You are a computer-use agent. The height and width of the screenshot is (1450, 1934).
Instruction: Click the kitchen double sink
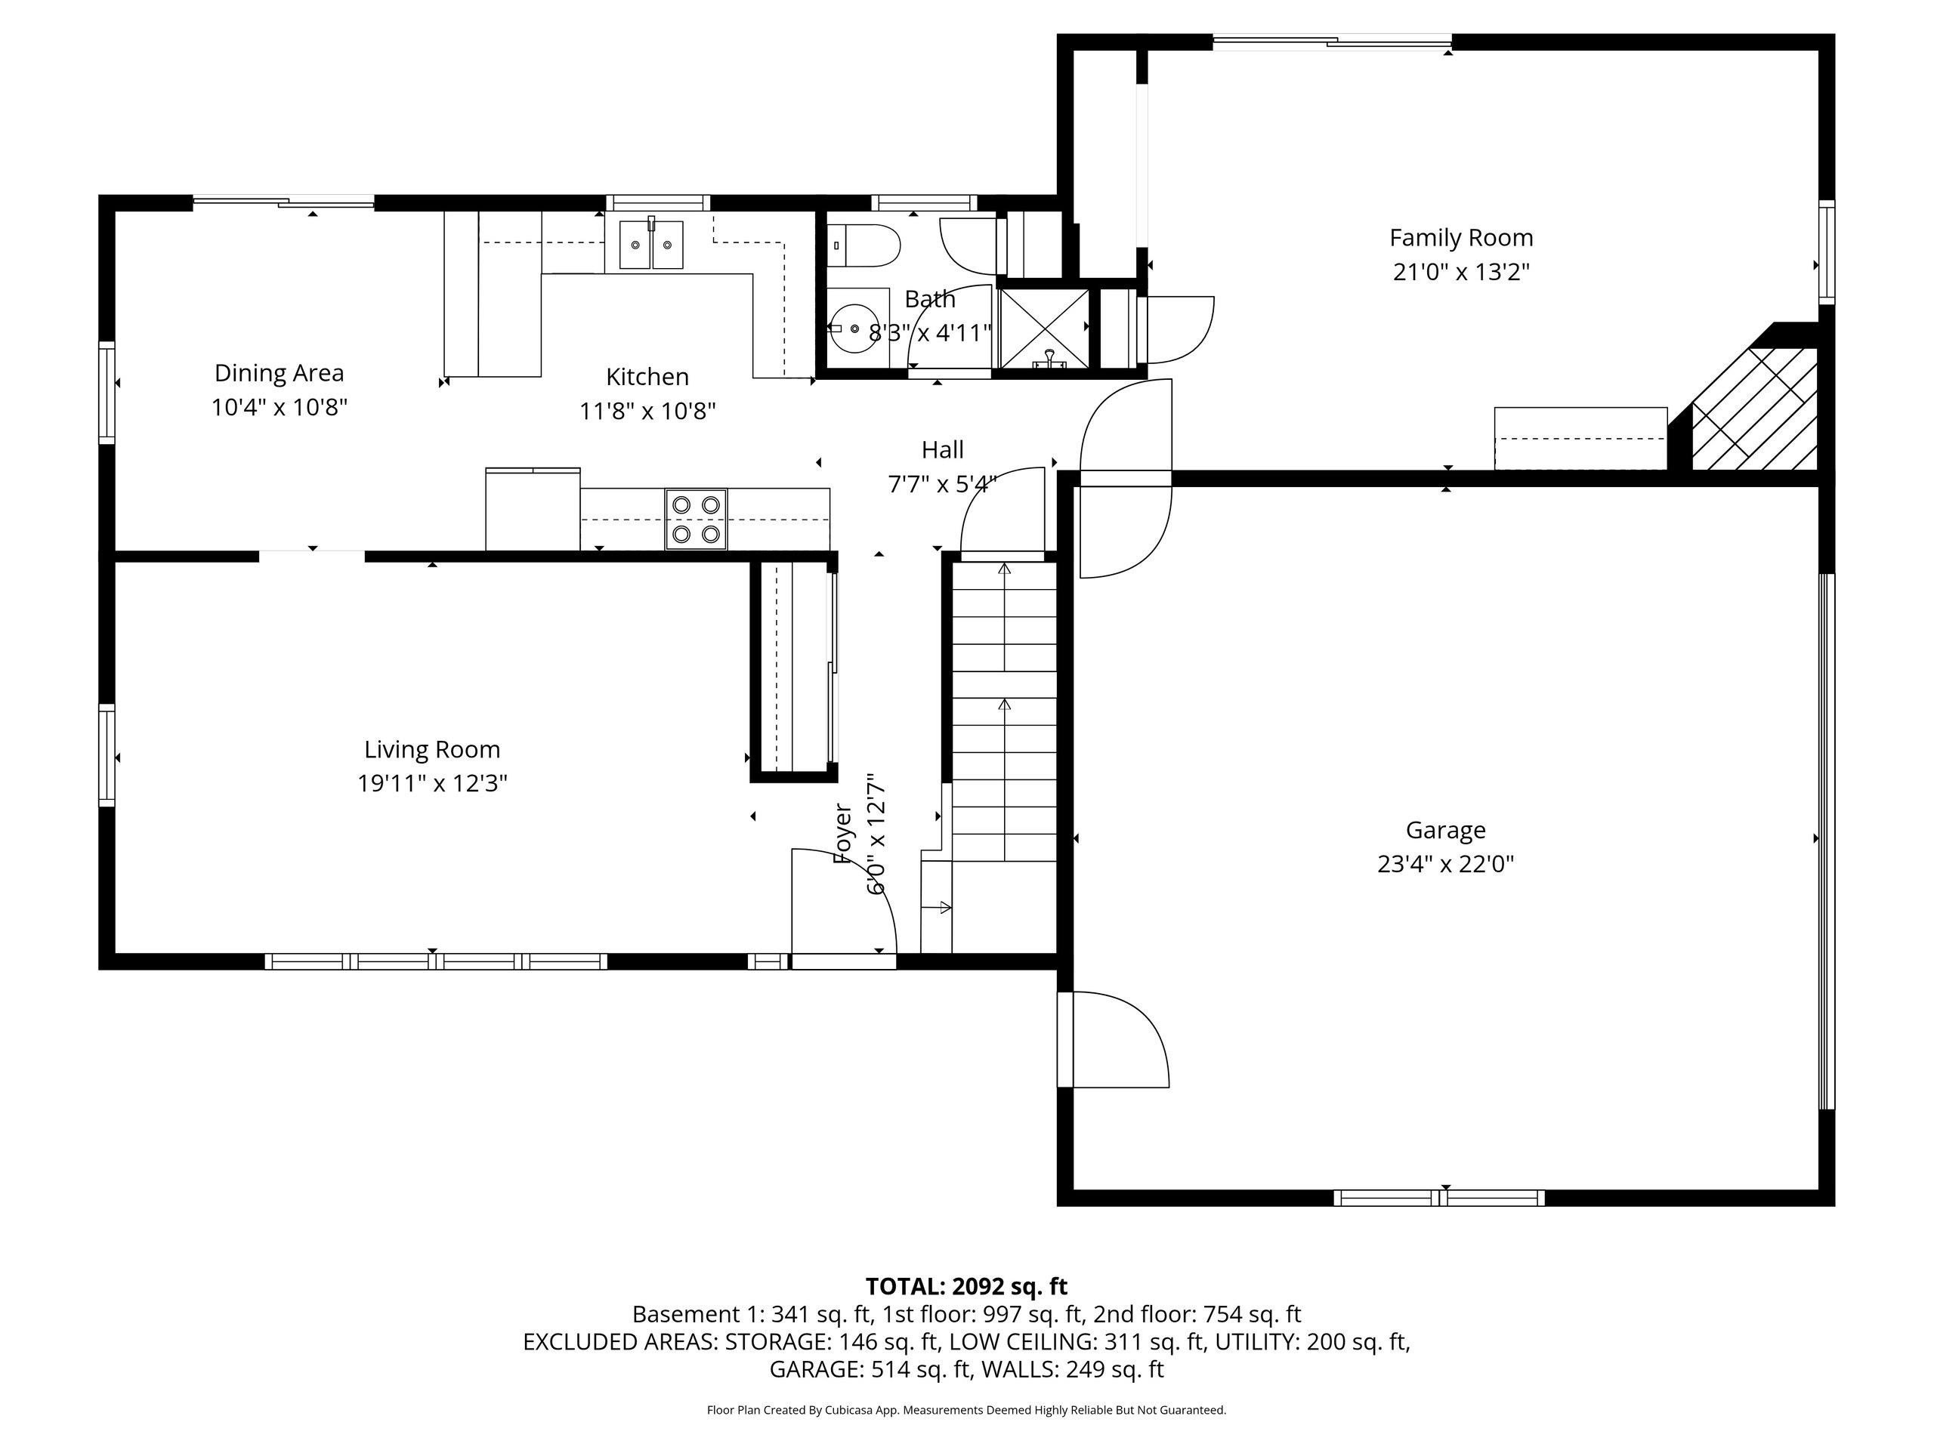pos(650,245)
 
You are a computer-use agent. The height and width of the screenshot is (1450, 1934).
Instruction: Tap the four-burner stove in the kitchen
pos(696,519)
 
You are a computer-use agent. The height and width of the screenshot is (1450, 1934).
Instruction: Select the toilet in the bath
pos(864,245)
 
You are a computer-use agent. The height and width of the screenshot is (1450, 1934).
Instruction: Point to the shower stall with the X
pos(1044,328)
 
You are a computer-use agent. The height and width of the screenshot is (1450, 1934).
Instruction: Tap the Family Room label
pos(1461,238)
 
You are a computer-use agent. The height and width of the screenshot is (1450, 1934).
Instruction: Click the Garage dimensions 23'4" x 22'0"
pos(1445,863)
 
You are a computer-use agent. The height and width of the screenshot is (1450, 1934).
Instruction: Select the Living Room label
pos(432,749)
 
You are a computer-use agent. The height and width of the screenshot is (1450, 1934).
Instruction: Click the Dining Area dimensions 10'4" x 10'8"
pos(279,407)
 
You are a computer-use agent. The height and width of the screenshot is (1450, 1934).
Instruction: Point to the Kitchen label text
pos(647,377)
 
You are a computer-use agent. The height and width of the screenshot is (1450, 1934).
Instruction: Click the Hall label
pos(943,450)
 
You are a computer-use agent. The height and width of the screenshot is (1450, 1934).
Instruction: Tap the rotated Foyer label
pos(843,834)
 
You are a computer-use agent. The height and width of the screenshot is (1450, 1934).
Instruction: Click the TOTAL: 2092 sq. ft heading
pos(965,1287)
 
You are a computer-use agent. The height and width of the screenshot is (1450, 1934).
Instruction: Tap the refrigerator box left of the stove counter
pos(533,510)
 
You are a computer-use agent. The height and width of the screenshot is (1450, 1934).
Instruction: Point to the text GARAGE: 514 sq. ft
pos(870,1370)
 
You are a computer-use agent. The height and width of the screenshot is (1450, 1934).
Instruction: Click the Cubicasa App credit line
pos(965,1410)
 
